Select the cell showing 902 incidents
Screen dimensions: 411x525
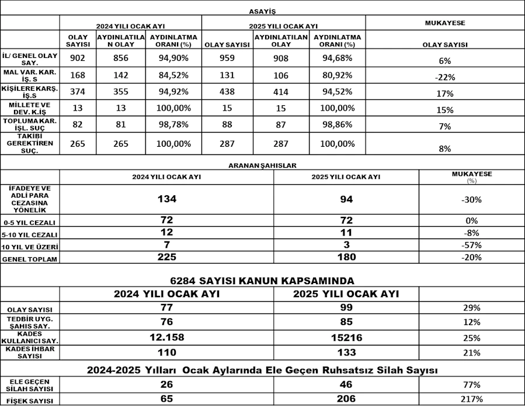(78, 58)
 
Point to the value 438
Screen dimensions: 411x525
(227, 92)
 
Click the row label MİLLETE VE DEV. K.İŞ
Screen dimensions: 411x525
(29, 108)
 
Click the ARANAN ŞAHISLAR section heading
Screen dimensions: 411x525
(262, 165)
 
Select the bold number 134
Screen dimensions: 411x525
(167, 199)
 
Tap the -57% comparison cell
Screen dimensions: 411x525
(471, 246)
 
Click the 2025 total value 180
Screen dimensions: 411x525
(346, 257)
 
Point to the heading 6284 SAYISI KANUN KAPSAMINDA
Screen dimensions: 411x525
(262, 280)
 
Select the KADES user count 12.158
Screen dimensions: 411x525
(167, 337)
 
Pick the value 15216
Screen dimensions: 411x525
(346, 337)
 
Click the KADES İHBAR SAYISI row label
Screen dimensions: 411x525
(30, 352)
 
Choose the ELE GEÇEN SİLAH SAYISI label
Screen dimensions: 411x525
(30, 385)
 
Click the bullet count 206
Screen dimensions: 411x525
(346, 399)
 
